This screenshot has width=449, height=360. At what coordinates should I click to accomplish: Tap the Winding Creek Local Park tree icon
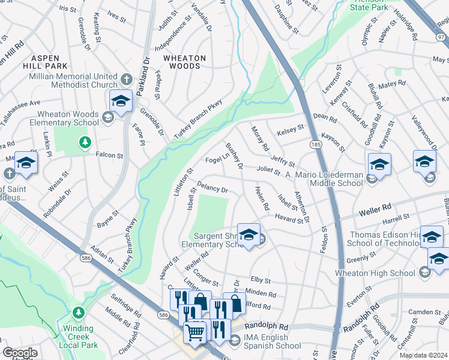79,313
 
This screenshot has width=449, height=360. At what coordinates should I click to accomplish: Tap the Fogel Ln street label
218,160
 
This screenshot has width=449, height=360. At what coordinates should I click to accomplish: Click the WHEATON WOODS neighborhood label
184,62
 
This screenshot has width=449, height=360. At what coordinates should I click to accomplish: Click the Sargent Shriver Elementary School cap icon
248,235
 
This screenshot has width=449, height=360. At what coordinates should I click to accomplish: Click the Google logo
20,352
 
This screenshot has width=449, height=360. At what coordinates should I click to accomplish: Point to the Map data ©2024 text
423,355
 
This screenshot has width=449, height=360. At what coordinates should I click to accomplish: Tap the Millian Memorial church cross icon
127,79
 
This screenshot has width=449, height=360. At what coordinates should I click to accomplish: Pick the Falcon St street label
109,155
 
